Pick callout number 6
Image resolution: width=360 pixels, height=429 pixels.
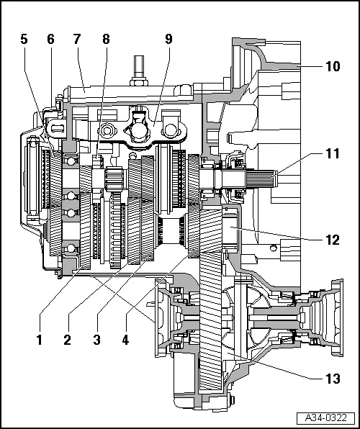point(50,40)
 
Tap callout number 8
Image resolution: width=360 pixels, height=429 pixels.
point(106,40)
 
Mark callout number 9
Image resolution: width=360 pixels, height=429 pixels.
point(168,40)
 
